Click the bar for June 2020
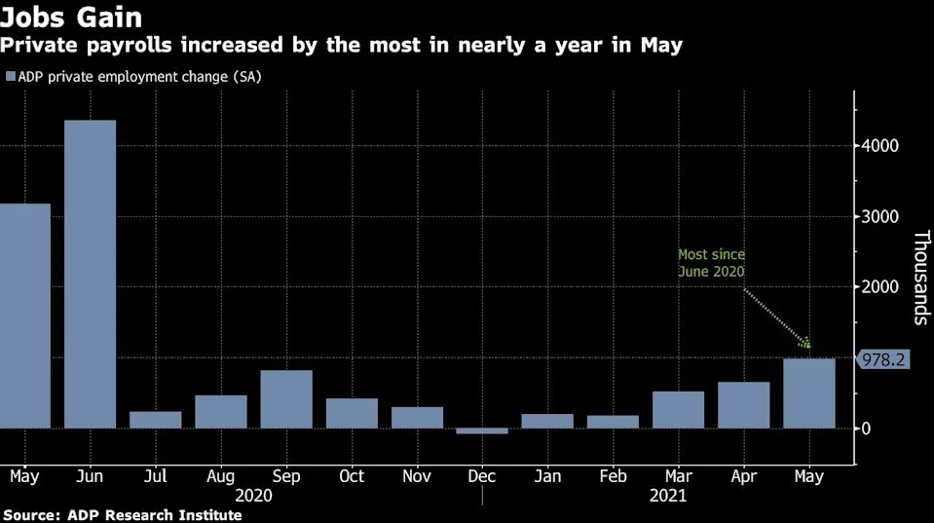(90, 274)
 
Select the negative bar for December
(482, 430)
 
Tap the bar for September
(286, 399)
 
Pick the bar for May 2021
(809, 393)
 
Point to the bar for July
(156, 420)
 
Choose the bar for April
(743, 405)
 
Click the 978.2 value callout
(882, 359)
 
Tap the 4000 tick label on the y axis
(879, 145)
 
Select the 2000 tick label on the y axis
(879, 287)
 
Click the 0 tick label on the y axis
(866, 429)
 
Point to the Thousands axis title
(921, 278)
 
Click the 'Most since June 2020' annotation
(711, 263)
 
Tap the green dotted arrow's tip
(810, 348)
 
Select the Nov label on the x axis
(417, 476)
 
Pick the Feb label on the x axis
(613, 476)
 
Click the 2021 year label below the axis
(668, 496)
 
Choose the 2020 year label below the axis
(253, 496)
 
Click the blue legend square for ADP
(11, 76)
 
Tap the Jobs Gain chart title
(71, 17)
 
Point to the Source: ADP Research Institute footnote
(123, 514)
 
